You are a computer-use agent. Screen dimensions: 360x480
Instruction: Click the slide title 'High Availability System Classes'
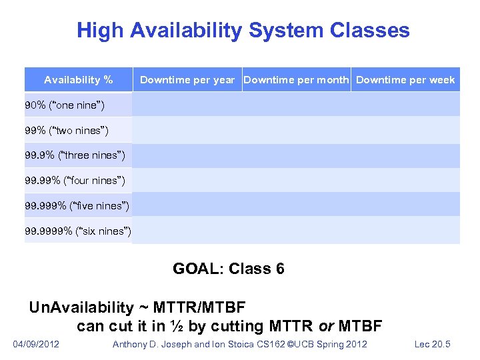[x=243, y=31]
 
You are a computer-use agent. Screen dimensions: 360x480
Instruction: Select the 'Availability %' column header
[x=78, y=80]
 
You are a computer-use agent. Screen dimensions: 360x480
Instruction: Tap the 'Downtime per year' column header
[x=187, y=80]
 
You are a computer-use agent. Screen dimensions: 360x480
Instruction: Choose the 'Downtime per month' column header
[x=296, y=80]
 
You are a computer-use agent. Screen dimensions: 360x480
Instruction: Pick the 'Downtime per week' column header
[x=405, y=80]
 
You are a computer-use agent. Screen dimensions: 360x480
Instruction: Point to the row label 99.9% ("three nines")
[x=75, y=156]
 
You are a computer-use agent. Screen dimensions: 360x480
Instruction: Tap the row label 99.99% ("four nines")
[x=75, y=180]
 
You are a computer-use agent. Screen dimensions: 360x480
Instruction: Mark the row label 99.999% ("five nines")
[x=77, y=205]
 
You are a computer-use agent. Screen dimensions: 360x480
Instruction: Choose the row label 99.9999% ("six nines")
[x=78, y=231]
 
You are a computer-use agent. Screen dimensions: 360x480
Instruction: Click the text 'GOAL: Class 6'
[x=229, y=269]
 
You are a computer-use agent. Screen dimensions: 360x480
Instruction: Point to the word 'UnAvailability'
[x=81, y=307]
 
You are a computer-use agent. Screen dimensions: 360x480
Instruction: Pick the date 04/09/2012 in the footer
[x=36, y=344]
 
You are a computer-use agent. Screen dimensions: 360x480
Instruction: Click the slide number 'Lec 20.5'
[x=433, y=344]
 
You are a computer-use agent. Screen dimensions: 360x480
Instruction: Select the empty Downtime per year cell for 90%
[x=187, y=105]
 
